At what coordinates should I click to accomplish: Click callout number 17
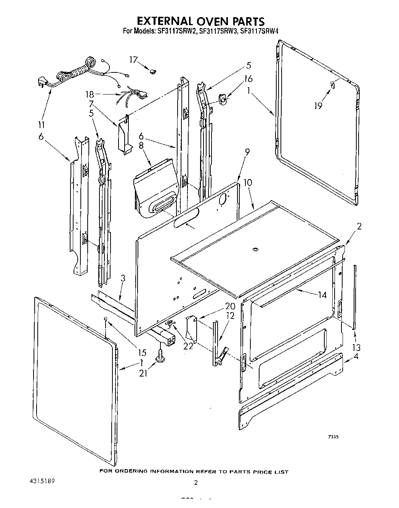pos(133,60)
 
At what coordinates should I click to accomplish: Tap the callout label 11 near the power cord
pos(42,125)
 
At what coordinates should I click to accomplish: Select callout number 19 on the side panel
pos(318,106)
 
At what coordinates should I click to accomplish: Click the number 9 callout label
pos(247,153)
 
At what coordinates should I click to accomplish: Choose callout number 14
pos(322,295)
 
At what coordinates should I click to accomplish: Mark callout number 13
pos(357,347)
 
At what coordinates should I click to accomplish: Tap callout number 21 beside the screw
pos(143,374)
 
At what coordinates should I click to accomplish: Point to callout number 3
pos(123,279)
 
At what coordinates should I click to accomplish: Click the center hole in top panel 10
pos(255,250)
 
